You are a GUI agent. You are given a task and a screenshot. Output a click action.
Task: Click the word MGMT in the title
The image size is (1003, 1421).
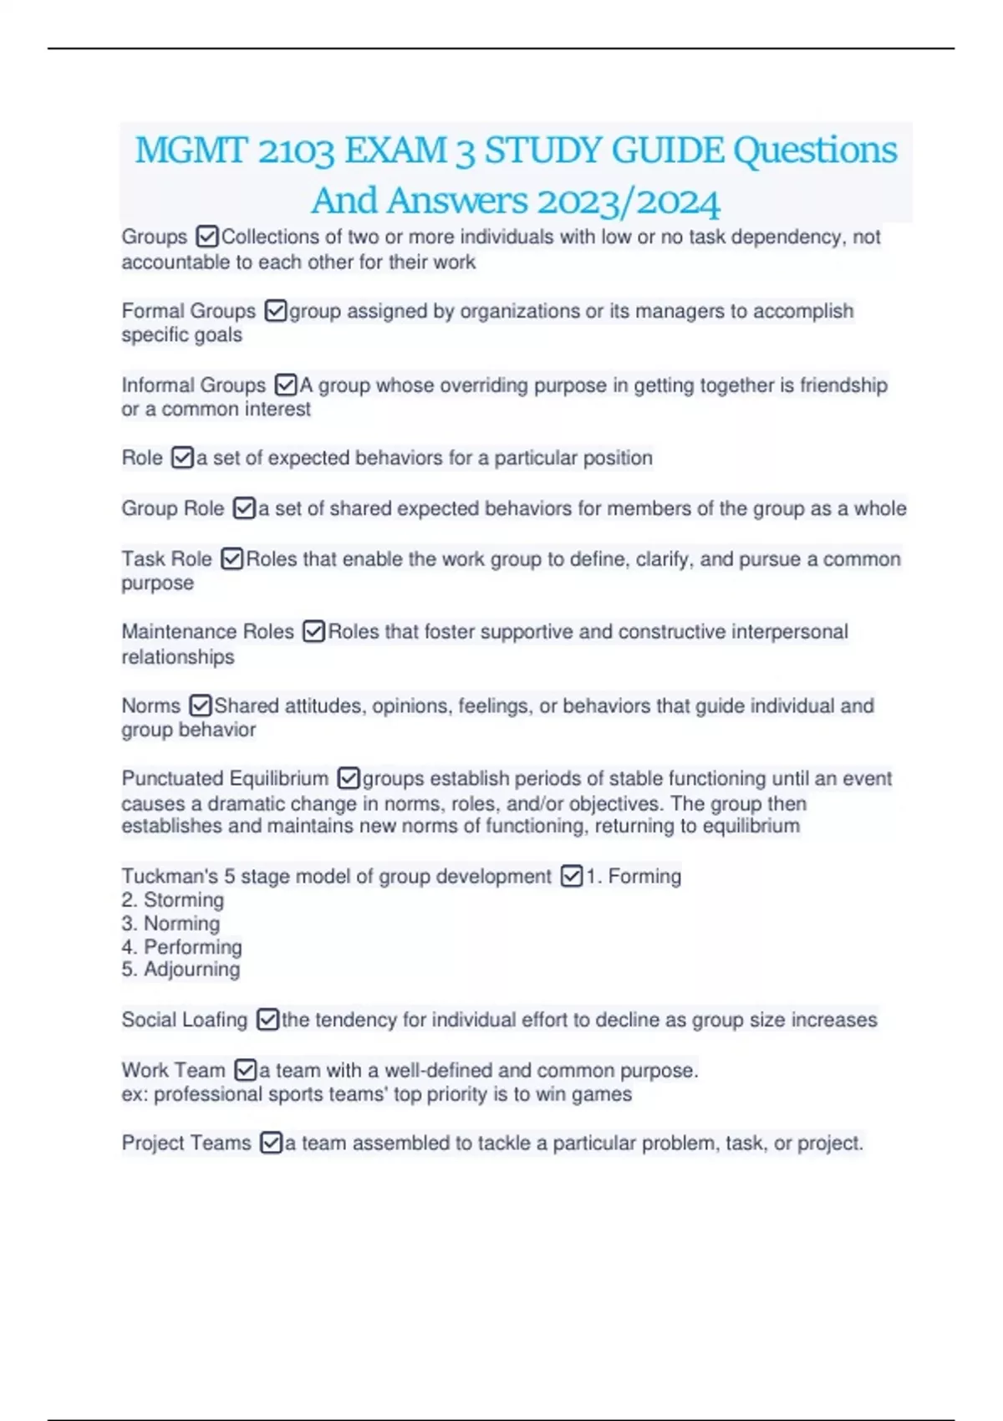click(191, 151)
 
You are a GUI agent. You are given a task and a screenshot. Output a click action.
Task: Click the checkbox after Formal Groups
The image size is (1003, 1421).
click(275, 311)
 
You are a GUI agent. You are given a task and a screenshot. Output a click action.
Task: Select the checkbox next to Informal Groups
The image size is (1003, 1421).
click(285, 385)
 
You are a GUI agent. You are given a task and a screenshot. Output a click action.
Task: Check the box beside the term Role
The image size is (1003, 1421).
click(181, 458)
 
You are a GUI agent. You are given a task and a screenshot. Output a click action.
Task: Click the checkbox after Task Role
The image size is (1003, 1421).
click(232, 558)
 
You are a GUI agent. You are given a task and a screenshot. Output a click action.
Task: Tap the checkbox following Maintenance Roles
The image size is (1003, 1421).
click(313, 632)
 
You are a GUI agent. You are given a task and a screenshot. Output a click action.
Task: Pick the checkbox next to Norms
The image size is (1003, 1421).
click(200, 705)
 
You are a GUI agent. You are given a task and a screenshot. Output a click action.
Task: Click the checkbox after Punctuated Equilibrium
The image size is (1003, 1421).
click(348, 779)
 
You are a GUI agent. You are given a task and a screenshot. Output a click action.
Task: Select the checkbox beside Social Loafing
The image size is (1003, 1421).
click(267, 1020)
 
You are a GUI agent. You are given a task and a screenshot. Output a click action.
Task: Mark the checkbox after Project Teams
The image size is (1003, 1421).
click(271, 1143)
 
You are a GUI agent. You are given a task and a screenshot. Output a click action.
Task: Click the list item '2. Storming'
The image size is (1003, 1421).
click(173, 900)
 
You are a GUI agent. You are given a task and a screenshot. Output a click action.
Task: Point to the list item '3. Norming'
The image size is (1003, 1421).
click(171, 924)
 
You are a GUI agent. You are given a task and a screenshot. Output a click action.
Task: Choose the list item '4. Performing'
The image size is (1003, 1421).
click(181, 947)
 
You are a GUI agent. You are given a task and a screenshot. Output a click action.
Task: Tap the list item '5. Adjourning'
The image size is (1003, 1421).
click(181, 970)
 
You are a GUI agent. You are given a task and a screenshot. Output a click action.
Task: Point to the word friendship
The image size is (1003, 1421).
click(843, 385)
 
